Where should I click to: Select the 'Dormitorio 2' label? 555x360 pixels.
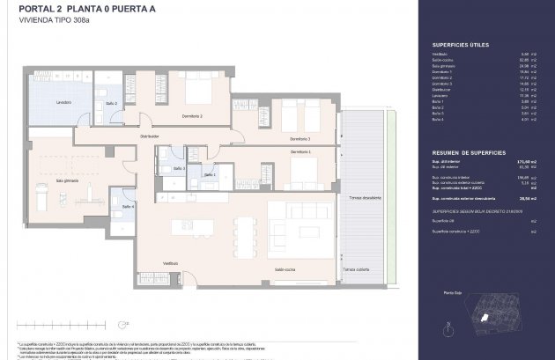(x=191, y=116)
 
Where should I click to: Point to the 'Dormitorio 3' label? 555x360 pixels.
(x=300, y=138)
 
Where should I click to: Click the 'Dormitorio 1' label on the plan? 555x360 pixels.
(x=301, y=152)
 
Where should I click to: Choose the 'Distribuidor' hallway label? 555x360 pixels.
(x=151, y=136)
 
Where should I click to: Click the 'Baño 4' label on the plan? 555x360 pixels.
(x=128, y=206)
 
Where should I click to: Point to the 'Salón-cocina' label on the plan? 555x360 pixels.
(x=284, y=270)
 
